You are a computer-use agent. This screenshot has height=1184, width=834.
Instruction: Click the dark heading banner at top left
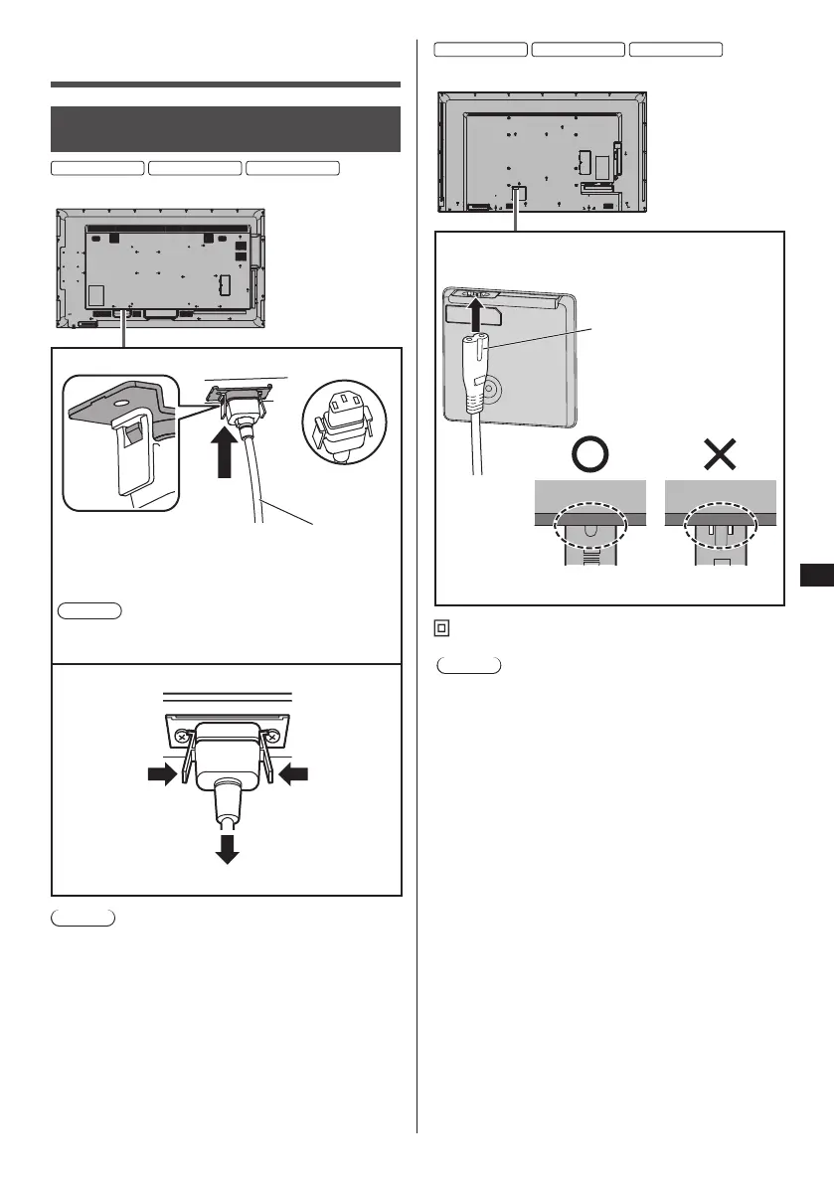click(225, 129)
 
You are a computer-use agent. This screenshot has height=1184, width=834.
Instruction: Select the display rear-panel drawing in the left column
click(160, 268)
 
